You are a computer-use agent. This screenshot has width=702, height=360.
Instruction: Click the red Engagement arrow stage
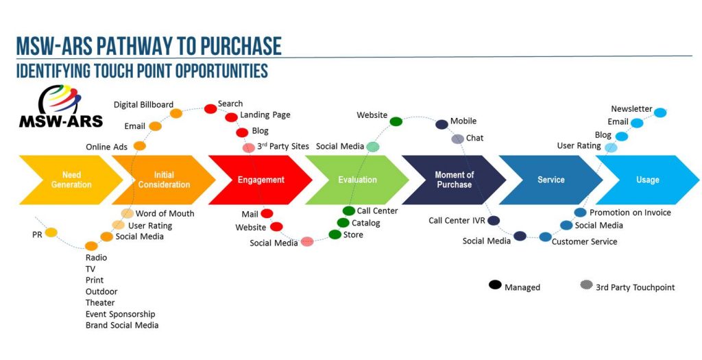tap(260, 180)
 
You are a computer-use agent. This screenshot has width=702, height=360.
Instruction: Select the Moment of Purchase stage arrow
tap(454, 180)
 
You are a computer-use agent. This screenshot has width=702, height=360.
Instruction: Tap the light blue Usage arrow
tap(647, 180)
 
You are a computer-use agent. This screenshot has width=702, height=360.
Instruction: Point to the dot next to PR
tap(51, 232)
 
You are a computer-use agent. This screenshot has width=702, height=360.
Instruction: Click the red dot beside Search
tap(210, 109)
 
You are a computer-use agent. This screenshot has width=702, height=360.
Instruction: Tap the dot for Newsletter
tap(660, 113)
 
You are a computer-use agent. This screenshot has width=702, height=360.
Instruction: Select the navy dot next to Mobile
tap(442, 125)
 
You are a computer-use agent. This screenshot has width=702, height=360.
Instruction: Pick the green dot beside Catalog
tap(343, 223)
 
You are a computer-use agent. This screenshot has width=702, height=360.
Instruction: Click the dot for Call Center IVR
tap(494, 220)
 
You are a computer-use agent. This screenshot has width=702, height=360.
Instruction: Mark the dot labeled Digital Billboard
tap(176, 113)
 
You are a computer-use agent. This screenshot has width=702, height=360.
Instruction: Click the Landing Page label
tap(265, 115)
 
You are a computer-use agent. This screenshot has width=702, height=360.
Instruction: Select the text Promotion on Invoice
tap(630, 213)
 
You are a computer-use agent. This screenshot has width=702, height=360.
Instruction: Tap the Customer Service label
tap(584, 242)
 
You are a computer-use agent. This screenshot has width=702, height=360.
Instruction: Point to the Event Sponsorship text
tap(121, 314)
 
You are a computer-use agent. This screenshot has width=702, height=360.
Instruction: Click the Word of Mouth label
tap(165, 213)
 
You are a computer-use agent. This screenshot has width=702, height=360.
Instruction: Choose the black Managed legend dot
tap(495, 285)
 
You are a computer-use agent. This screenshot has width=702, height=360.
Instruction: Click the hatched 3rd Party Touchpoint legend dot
tap(587, 285)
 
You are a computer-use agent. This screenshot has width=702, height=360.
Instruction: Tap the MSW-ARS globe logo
tap(60, 99)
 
